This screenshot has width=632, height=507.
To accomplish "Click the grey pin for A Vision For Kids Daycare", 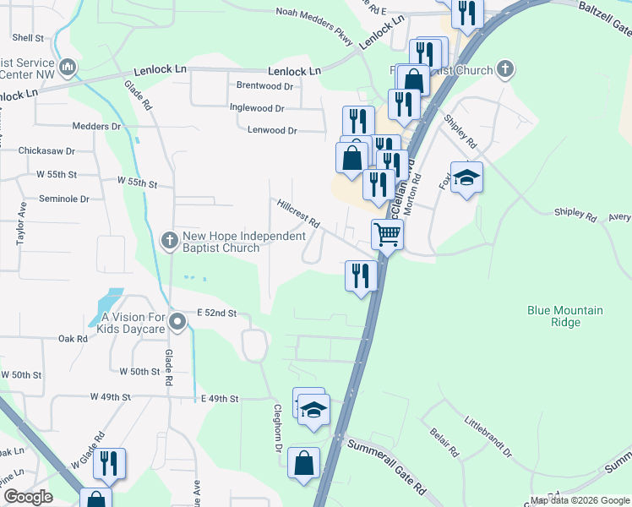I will click(177, 322).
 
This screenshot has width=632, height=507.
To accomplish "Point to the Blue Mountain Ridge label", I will click(565, 316).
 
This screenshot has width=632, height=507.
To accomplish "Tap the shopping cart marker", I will click(387, 234).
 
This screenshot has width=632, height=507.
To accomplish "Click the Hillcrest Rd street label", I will click(297, 213).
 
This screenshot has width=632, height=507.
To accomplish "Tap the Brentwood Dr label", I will click(264, 86).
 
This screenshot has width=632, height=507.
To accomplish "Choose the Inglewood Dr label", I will click(257, 108).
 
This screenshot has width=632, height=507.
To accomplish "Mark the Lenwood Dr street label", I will click(272, 131).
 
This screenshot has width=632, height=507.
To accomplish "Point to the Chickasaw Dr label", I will click(47, 151).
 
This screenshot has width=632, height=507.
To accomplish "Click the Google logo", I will click(28, 497).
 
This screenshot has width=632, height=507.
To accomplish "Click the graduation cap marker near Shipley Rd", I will click(466, 177).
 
